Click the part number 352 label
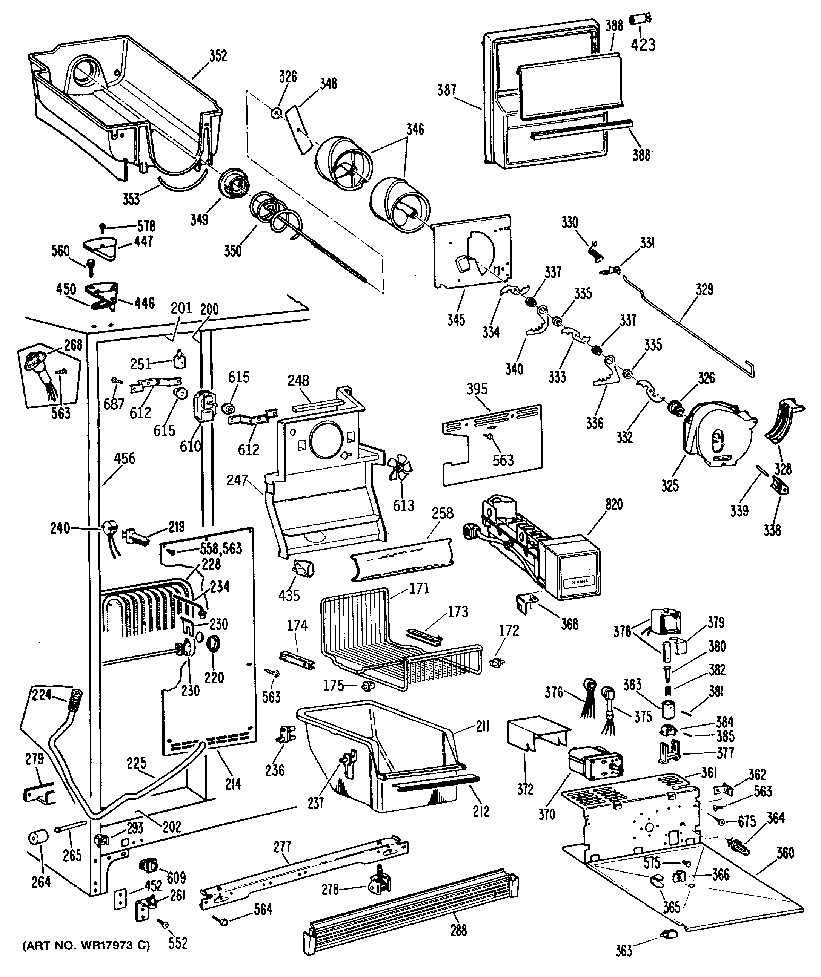[218, 56]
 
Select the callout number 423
[643, 44]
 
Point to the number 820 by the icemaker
[614, 504]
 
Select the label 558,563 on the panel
[221, 548]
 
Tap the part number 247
[237, 480]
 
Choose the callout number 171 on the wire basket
[419, 588]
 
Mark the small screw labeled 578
[103, 227]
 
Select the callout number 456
[125, 458]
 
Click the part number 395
[477, 389]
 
